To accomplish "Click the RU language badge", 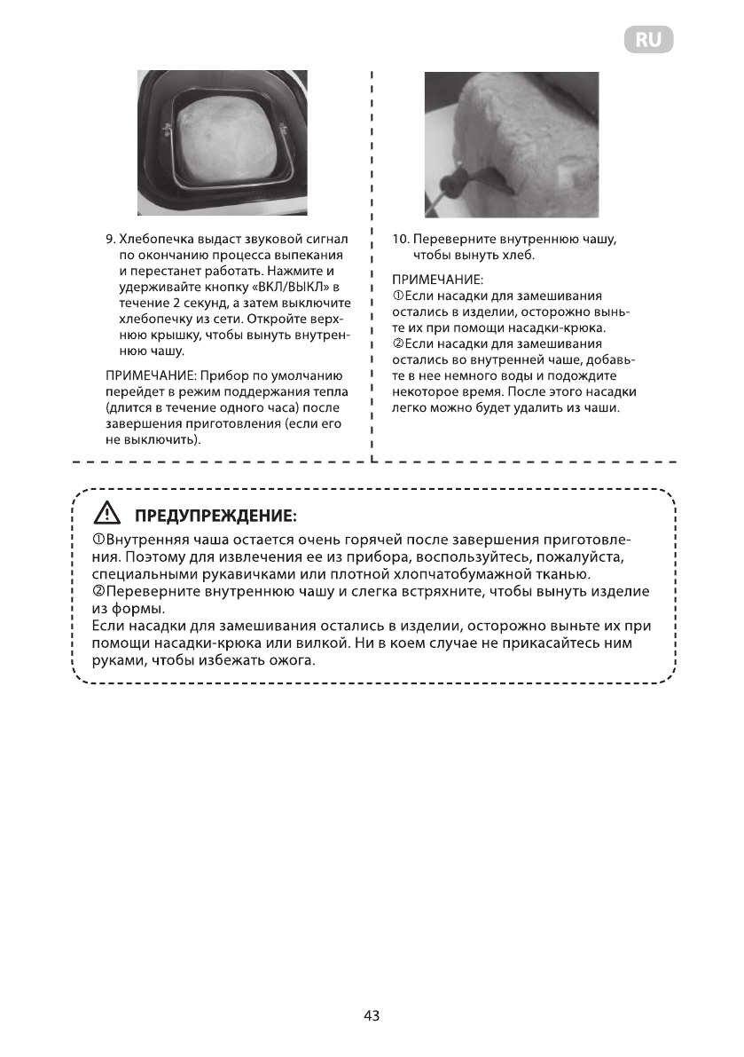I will tap(647, 40).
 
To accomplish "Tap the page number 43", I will tap(372, 1016).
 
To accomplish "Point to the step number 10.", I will tap(400, 240).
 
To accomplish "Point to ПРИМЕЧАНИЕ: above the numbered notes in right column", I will tap(435, 280).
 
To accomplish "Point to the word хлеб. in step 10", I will tap(516, 256).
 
